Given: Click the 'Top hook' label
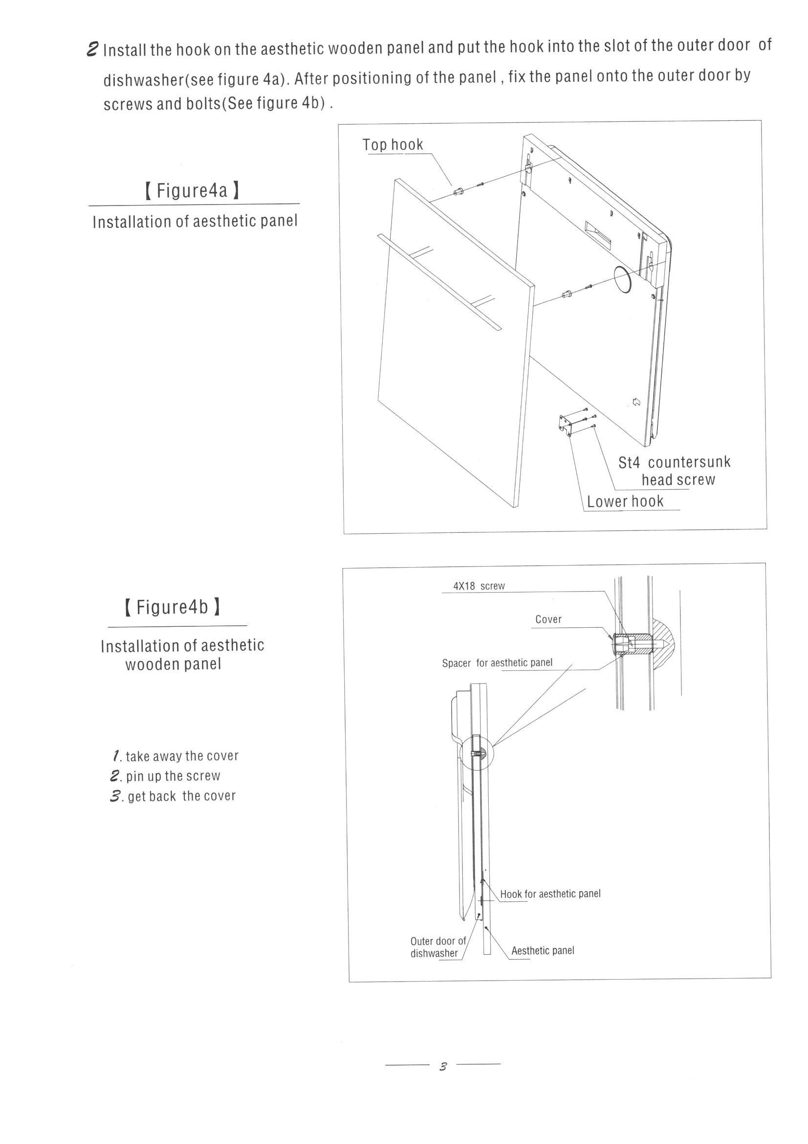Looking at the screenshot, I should (393, 144).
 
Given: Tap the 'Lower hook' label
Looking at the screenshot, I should (625, 501).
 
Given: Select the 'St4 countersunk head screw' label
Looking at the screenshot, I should (674, 471).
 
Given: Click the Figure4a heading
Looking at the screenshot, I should (192, 190).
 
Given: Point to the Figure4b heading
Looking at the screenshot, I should (172, 607).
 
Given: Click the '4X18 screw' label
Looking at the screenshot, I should (479, 586).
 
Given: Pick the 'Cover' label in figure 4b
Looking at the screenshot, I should (548, 619).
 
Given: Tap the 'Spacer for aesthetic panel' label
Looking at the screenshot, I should (497, 663).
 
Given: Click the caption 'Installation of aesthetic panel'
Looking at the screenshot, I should (195, 222).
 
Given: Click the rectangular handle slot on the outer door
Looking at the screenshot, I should (597, 234).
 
